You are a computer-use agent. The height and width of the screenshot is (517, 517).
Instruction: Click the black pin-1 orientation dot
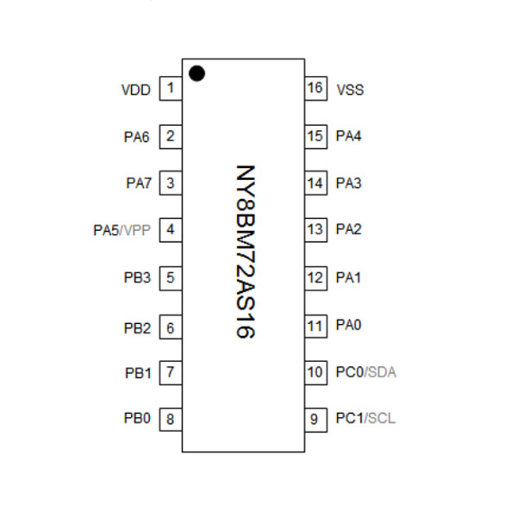pyautogui.click(x=196, y=74)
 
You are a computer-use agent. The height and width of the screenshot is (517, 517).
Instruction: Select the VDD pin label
pyautogui.click(x=136, y=89)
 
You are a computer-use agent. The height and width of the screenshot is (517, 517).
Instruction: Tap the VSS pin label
pyautogui.click(x=350, y=89)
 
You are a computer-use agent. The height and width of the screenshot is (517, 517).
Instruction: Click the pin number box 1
pyautogui.click(x=171, y=89)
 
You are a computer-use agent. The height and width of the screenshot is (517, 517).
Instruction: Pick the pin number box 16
pyautogui.click(x=315, y=89)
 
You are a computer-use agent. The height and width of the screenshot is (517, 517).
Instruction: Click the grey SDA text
pyautogui.click(x=383, y=372)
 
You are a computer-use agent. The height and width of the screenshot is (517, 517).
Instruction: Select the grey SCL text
pyautogui.click(x=382, y=419)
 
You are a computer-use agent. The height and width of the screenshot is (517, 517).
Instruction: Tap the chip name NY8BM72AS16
pyautogui.click(x=246, y=255)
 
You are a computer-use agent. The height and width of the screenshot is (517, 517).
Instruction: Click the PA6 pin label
pyautogui.click(x=137, y=136)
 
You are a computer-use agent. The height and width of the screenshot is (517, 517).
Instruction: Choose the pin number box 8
pyautogui.click(x=171, y=420)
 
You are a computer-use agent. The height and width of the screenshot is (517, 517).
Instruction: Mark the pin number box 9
pyautogui.click(x=315, y=420)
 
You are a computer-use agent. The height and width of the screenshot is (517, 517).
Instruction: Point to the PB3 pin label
pyautogui.click(x=137, y=277)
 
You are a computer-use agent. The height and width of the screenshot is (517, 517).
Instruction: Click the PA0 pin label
pyautogui.click(x=348, y=325)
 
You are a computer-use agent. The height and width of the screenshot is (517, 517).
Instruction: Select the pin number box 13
pyautogui.click(x=315, y=230)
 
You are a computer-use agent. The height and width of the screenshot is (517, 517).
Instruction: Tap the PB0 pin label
pyautogui.click(x=137, y=419)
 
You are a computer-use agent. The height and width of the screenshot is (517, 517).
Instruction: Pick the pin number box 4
pyautogui.click(x=171, y=230)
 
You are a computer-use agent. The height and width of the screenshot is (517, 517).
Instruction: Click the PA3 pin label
pyautogui.click(x=348, y=183)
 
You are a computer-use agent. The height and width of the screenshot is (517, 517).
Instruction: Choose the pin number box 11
pyautogui.click(x=315, y=325)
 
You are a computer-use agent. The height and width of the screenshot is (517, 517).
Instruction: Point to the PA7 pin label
pyautogui.click(x=137, y=183)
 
